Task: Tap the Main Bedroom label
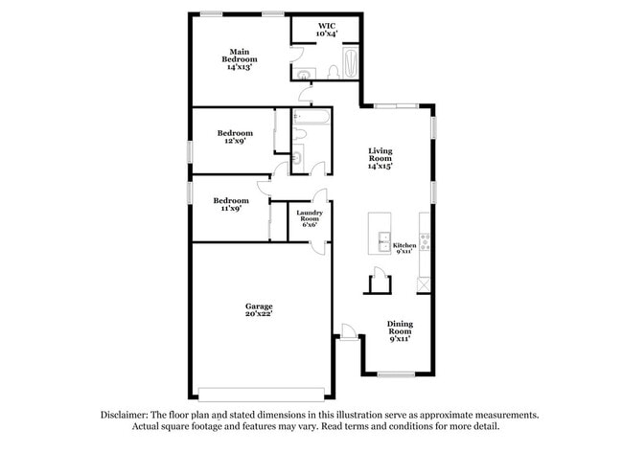tap(239, 59)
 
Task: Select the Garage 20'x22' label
tap(259, 309)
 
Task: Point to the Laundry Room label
tap(309, 218)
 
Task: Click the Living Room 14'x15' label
tap(381, 158)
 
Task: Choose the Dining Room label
tap(401, 331)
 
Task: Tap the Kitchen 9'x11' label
tap(404, 248)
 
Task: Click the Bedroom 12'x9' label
tap(234, 137)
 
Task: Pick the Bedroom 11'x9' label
tap(231, 205)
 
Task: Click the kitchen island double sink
tap(383, 239)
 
